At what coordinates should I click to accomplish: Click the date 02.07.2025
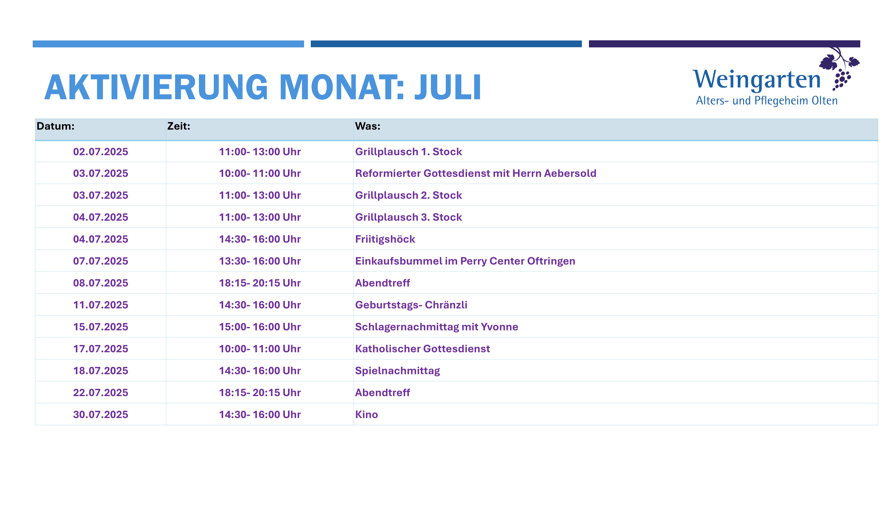pyautogui.click(x=101, y=152)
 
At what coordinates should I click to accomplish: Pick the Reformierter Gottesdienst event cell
pyautogui.click(x=476, y=173)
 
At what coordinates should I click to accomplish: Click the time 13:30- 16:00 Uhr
pyautogui.click(x=260, y=261)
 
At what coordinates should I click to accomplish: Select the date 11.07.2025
pyautogui.click(x=101, y=305)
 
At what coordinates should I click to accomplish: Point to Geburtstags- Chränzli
pyautogui.click(x=411, y=305)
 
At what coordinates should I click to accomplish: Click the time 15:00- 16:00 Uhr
pyautogui.click(x=260, y=327)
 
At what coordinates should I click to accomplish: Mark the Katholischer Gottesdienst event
pyautogui.click(x=422, y=349)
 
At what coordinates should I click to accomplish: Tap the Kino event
pyautogui.click(x=366, y=415)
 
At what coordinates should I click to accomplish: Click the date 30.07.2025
pyautogui.click(x=101, y=415)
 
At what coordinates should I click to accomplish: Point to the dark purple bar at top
pyautogui.click(x=724, y=44)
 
